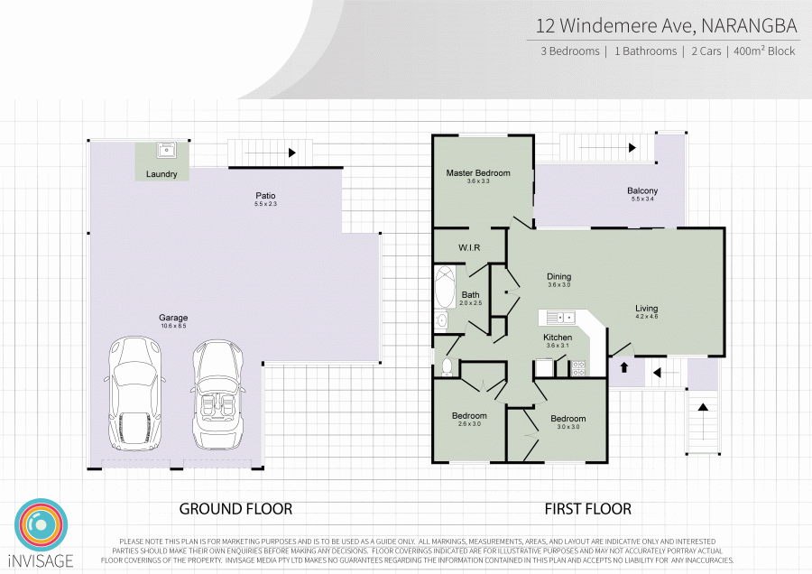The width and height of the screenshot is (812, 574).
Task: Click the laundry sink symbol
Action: (166, 150)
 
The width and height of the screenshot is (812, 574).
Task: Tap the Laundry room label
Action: (161, 174)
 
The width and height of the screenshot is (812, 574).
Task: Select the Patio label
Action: (265, 195)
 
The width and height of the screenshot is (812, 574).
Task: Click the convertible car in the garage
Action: (218, 394)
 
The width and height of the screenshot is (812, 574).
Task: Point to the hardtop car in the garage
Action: (134, 394)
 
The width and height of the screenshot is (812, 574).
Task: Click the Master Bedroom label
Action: (478, 172)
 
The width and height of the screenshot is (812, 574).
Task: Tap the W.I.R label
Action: (469, 247)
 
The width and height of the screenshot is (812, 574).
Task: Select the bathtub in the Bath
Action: (444, 287)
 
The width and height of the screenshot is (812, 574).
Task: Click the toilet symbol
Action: (447, 366)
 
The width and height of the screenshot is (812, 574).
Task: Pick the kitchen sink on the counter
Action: (559, 317)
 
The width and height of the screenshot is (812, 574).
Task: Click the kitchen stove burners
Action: (578, 368)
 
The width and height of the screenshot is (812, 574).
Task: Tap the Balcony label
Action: (642, 190)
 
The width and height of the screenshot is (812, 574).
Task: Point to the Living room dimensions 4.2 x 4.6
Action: (646, 316)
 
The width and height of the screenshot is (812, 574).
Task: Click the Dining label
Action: (558, 277)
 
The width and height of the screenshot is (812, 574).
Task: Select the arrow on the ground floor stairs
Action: (270, 153)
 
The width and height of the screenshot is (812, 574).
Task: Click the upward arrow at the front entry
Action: (624, 366)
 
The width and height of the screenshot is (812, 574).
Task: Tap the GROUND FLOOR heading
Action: (235, 509)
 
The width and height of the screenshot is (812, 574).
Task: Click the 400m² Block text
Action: (764, 51)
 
